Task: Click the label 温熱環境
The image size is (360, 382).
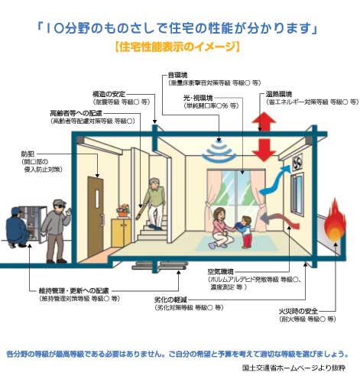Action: [281, 92]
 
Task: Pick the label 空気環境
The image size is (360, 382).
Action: [222, 273]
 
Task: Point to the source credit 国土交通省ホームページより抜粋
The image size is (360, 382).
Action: [294, 368]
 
